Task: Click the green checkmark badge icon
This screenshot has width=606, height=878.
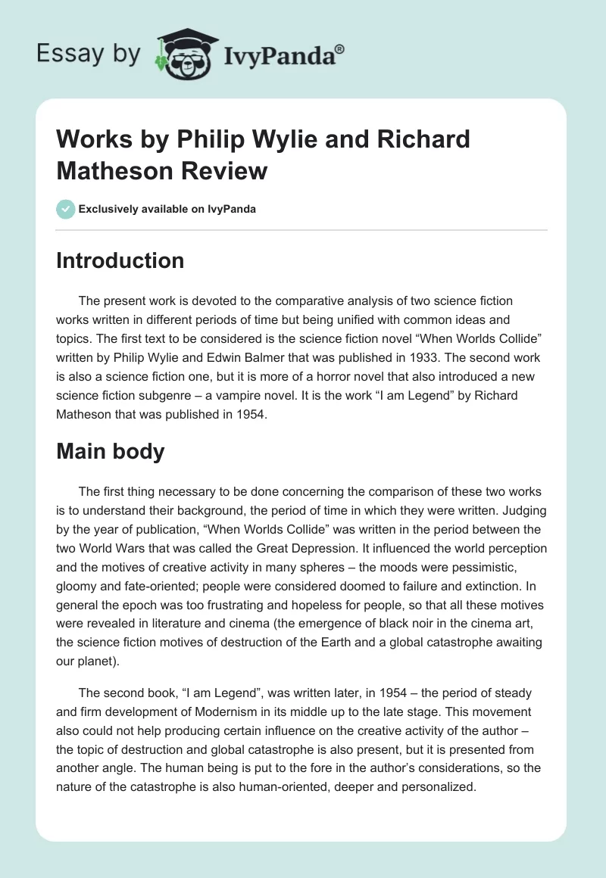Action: pyautogui.click(x=66, y=209)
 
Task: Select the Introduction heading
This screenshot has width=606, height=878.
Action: pyautogui.click(x=120, y=260)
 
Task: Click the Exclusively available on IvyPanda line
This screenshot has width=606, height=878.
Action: pyautogui.click(x=167, y=209)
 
